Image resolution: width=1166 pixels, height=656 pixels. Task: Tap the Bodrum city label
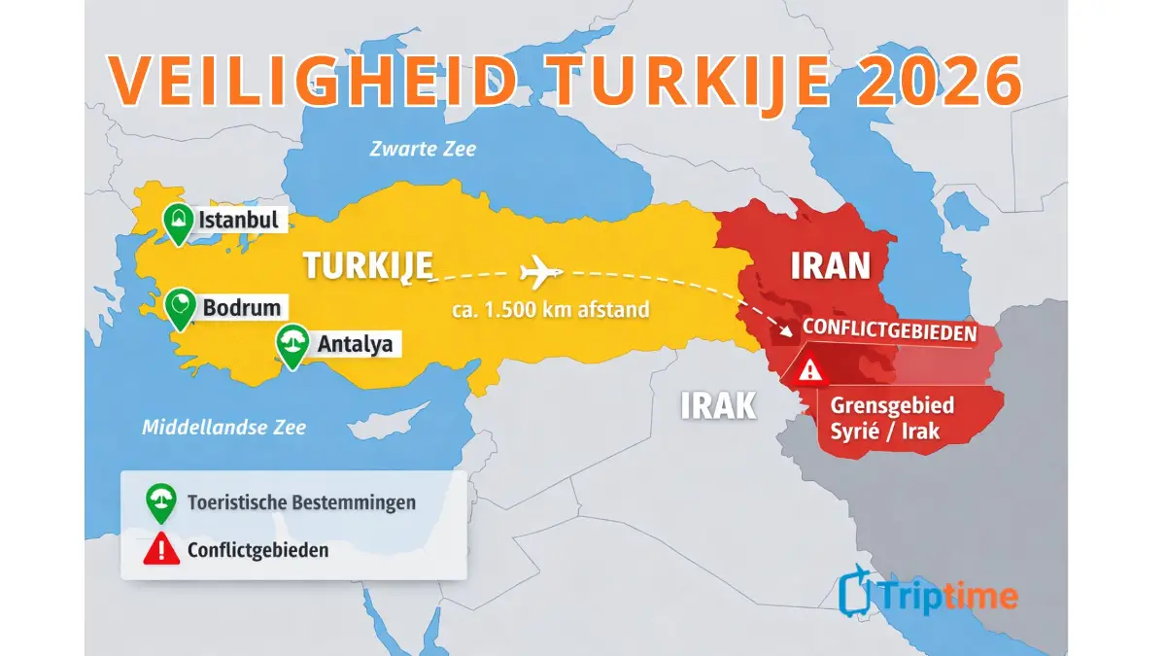(241, 308)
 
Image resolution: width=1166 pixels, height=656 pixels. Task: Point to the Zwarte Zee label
(423, 149)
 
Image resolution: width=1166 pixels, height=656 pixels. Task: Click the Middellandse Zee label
(223, 427)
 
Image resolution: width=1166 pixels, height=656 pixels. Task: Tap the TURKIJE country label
(366, 265)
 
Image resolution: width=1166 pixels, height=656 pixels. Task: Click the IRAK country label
(718, 404)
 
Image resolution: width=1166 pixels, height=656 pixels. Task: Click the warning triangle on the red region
(808, 371)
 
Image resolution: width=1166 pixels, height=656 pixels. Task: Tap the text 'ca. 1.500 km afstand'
(550, 312)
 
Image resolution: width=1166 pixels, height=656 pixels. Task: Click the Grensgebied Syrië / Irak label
(885, 418)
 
